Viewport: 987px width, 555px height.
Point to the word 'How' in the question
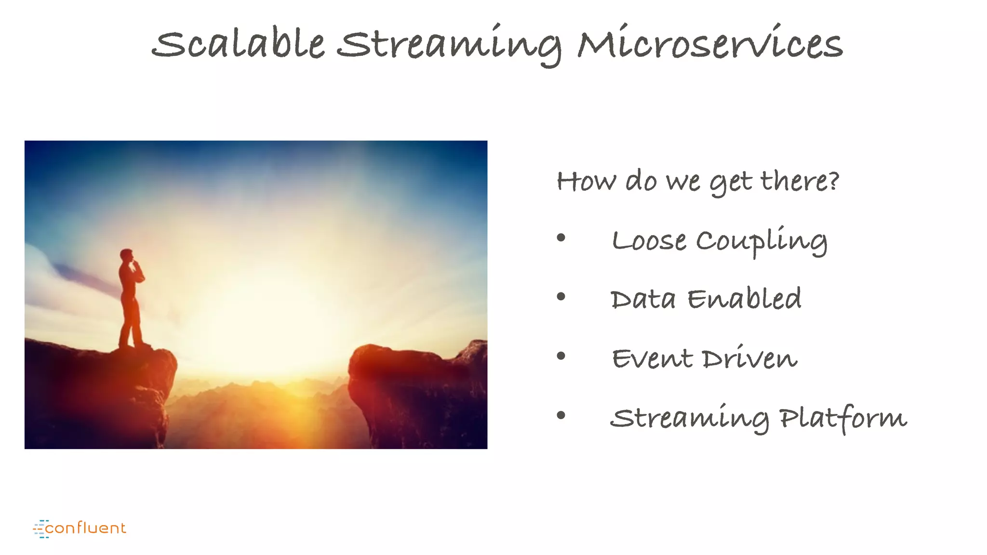[586, 182]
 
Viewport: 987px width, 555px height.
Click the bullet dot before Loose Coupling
[560, 238]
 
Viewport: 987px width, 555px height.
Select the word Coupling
[761, 241]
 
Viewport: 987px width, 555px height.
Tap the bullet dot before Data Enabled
[560, 297]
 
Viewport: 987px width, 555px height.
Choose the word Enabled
[744, 299]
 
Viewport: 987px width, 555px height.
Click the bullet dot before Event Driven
[560, 356]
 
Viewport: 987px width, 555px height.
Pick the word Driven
[749, 358]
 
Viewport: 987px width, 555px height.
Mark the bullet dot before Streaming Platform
[560, 415]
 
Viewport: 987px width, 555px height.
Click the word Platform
[843, 417]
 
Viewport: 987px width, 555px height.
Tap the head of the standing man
[127, 255]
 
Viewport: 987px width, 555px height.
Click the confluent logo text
[85, 528]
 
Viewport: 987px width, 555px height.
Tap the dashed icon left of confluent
[40, 529]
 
